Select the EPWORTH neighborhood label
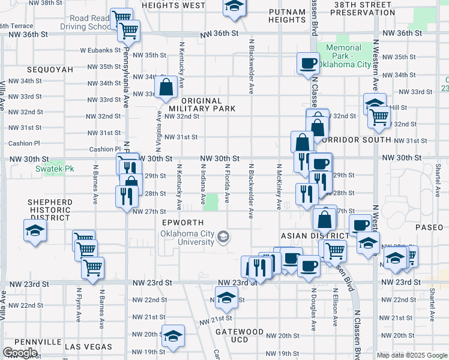(x=178, y=223)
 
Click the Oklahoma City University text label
(x=187, y=238)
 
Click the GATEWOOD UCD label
(x=240, y=335)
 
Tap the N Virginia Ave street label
(x=159, y=122)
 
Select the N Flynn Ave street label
(x=79, y=303)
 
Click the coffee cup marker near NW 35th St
(x=309, y=63)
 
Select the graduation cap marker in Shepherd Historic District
(x=35, y=230)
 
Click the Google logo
(x=19, y=353)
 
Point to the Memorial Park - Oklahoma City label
(x=348, y=56)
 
